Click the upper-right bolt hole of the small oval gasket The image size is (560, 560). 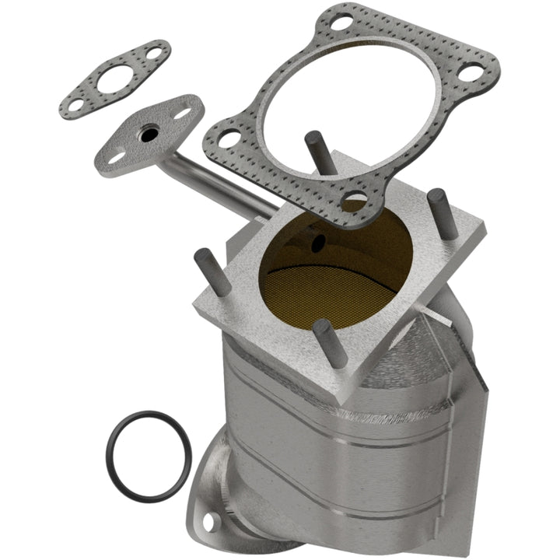pyautogui.click(x=156, y=54)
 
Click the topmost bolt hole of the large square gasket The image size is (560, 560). pyautogui.click(x=339, y=23)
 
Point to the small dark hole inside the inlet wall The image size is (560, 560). pyautogui.click(x=318, y=243)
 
